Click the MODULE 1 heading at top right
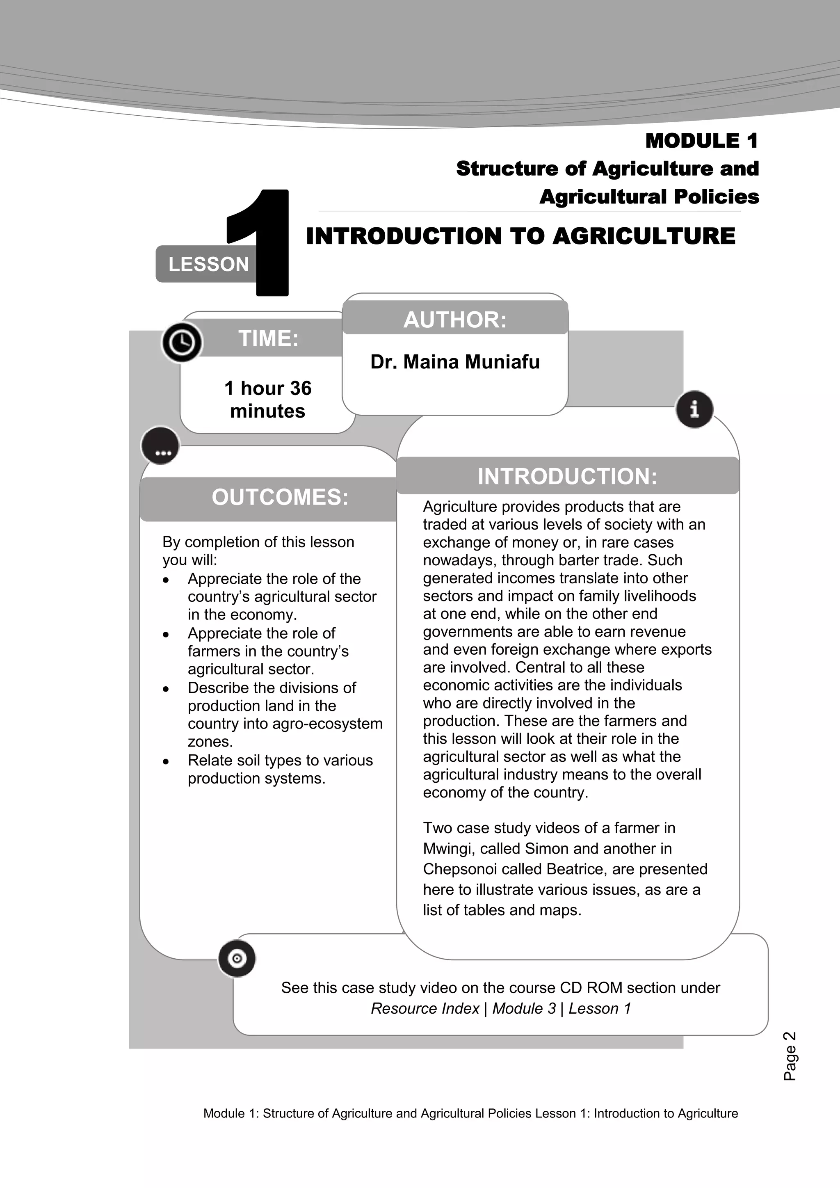[x=701, y=141]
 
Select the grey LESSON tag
[x=208, y=265]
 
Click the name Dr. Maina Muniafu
[x=454, y=362]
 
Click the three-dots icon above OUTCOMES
[x=161, y=446]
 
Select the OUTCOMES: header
[x=280, y=497]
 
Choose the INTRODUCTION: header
[x=567, y=476]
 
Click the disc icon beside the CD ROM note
[x=237, y=959]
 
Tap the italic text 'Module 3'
[x=523, y=1008]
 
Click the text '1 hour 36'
[x=267, y=388]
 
